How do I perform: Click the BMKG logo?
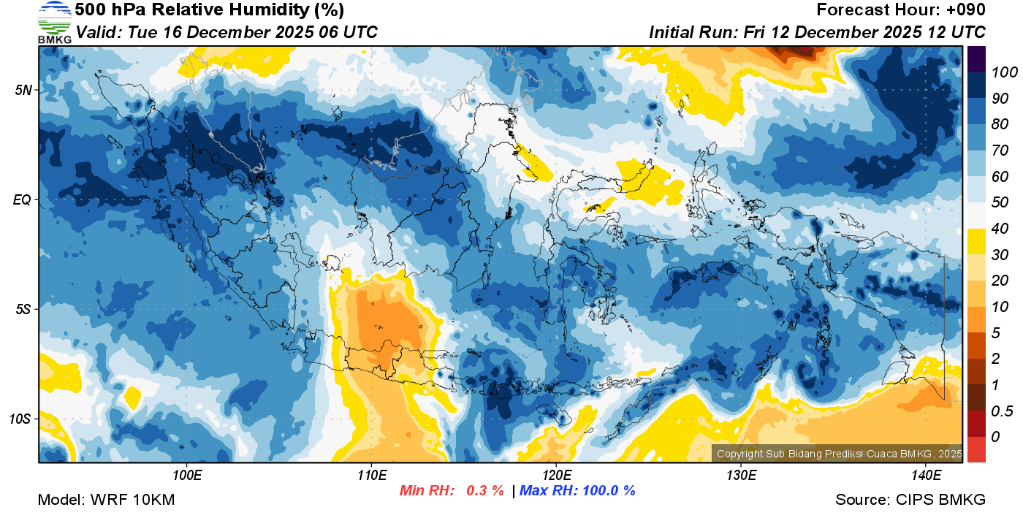tap(54, 22)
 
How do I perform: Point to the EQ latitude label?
tap(23, 199)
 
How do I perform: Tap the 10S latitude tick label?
tap(20, 419)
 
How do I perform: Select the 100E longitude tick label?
tap(187, 476)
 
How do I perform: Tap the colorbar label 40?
tap(999, 229)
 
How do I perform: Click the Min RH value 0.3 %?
tap(485, 490)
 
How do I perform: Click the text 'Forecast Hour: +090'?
tap(901, 10)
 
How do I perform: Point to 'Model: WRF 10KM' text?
tap(106, 500)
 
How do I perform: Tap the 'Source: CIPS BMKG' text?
tap(910, 500)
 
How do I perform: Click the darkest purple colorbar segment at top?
tap(976, 58)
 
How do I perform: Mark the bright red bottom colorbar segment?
tap(976, 449)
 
